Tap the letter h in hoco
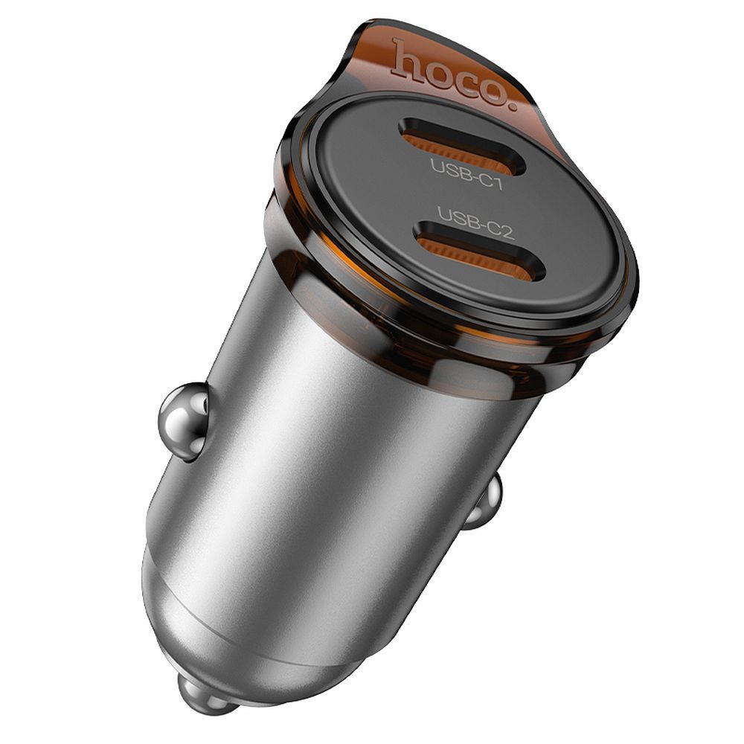405,60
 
